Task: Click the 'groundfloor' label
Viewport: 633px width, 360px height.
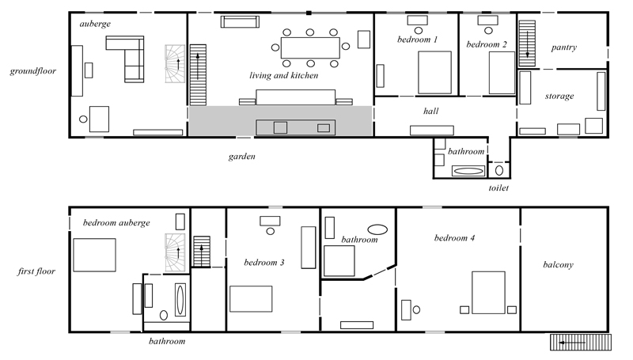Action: [33, 71]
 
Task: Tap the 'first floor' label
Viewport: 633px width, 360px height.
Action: [36, 271]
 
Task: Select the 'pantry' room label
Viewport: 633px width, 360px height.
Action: [564, 47]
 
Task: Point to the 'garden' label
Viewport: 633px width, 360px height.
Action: [242, 157]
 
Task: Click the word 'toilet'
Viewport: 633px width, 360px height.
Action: [498, 188]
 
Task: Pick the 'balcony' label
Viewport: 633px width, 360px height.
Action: [559, 265]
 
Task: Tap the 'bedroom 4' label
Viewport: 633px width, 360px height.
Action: [454, 237]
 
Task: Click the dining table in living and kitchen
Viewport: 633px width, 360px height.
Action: [310, 47]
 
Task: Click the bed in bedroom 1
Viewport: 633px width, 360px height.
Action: [434, 73]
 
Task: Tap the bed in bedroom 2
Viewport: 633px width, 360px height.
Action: [502, 73]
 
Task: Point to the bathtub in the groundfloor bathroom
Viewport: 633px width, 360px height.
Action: [468, 171]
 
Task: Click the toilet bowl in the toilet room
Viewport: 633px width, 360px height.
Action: [499, 170]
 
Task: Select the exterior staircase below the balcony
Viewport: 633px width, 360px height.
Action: [581, 343]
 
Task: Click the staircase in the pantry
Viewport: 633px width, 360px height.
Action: [527, 44]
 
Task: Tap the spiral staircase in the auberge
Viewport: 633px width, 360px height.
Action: [175, 64]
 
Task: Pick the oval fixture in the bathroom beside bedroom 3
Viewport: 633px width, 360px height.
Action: [377, 229]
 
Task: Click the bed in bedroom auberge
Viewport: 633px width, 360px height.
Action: [94, 255]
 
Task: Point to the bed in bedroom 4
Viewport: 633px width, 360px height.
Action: [488, 293]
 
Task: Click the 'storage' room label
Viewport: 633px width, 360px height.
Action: [559, 96]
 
